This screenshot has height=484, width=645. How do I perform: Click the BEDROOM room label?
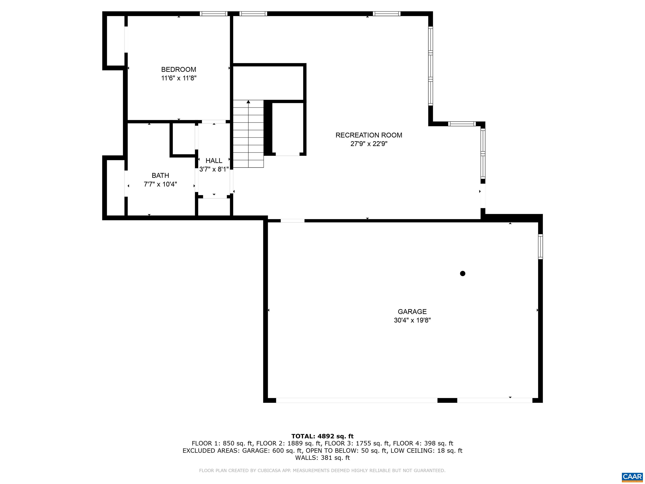coord(178,70)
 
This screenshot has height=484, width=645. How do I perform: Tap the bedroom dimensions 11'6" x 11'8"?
coord(179,78)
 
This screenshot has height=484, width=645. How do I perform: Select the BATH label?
coord(160,175)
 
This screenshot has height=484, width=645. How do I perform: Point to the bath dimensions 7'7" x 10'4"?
coord(160,184)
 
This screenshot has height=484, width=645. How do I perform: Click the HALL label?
coord(214,160)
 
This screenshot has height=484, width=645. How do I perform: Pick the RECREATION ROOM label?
coord(368,135)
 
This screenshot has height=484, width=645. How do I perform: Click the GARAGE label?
coord(412,312)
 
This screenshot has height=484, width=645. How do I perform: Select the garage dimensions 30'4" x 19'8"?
coord(412,320)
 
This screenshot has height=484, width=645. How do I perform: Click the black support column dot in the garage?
coord(463,273)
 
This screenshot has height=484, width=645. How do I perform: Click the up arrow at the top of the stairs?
coord(248,102)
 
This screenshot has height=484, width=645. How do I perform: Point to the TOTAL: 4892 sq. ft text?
coord(322,436)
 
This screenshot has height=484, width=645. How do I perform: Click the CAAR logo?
coord(632,477)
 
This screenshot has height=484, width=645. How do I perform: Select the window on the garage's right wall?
coord(540,247)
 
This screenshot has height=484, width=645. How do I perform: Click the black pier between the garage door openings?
coord(447,400)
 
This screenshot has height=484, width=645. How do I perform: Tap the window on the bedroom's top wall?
coord(214,14)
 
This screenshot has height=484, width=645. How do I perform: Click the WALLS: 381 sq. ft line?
coord(322,458)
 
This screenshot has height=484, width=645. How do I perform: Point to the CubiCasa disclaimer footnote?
coord(322,471)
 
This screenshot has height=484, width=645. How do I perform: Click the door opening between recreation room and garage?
coord(292,221)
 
